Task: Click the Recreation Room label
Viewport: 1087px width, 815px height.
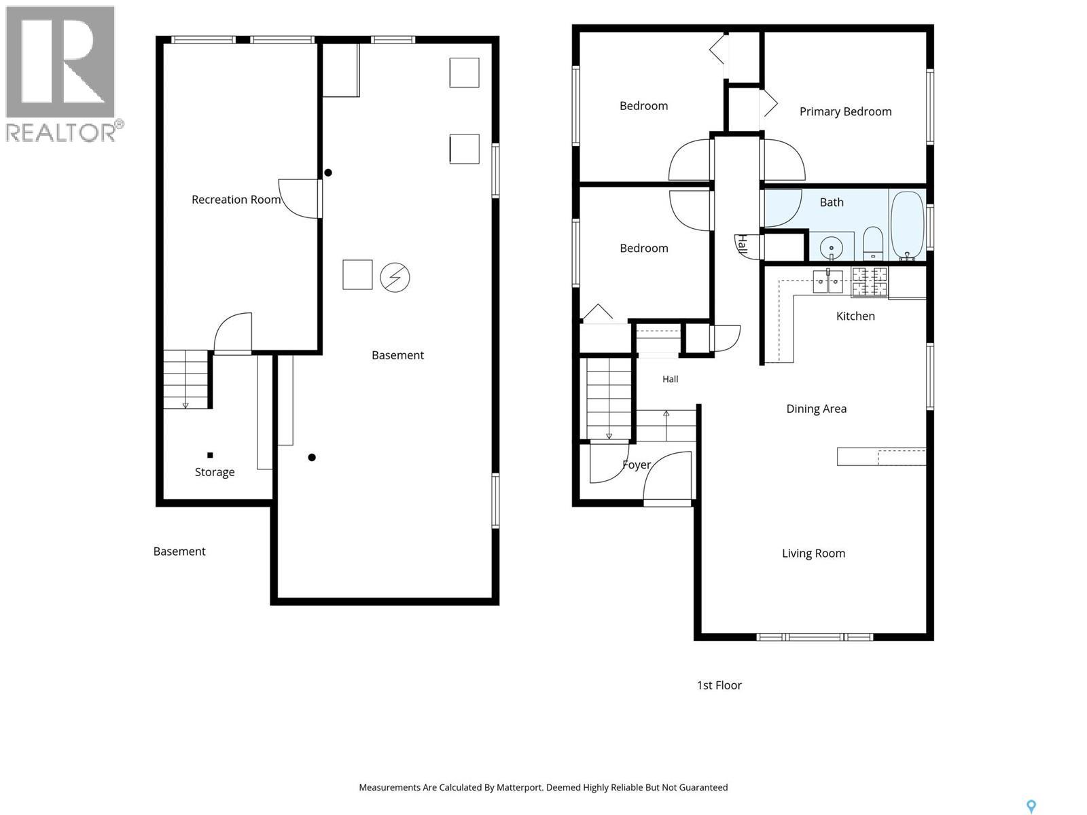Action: (236, 200)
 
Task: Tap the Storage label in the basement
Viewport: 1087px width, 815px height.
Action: (215, 472)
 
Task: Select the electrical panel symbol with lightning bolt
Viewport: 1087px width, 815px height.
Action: (395, 277)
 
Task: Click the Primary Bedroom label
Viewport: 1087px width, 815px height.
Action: (845, 112)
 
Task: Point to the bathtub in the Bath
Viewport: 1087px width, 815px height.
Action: (907, 225)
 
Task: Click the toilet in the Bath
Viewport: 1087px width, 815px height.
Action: (872, 243)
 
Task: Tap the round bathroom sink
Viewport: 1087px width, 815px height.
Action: (832, 247)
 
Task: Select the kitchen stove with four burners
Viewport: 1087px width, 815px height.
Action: (869, 282)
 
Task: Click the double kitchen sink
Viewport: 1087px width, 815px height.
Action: (827, 282)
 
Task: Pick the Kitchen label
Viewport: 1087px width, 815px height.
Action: (855, 316)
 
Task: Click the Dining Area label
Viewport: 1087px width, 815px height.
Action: (816, 409)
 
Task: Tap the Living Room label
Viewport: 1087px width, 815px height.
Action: (813, 554)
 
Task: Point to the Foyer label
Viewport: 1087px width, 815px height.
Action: (637, 465)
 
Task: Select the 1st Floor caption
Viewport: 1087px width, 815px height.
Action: (719, 685)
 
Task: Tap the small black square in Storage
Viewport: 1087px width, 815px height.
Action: (210, 455)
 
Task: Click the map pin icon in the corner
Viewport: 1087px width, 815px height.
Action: (1031, 807)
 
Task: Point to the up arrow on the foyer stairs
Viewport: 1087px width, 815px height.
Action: (666, 426)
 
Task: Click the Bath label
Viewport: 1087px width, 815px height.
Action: (832, 202)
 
